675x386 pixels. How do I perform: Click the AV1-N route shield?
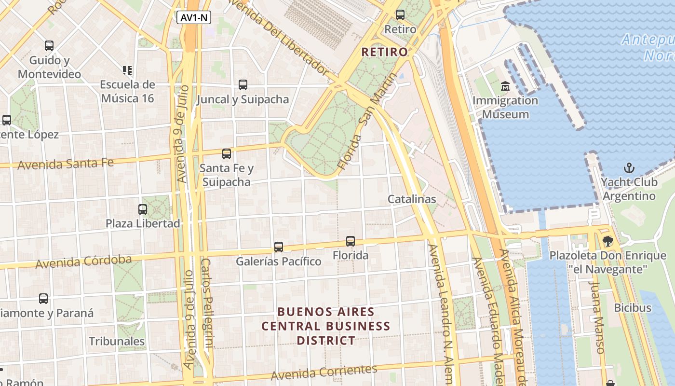tap(194, 18)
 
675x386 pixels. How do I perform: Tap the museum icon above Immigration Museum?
tap(505, 86)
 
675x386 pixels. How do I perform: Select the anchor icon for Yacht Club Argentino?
tap(629, 168)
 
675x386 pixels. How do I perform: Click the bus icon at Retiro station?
tap(400, 14)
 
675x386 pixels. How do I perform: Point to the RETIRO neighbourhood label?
tap(384, 52)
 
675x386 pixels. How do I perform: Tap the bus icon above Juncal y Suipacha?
tap(243, 85)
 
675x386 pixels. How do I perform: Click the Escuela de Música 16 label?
tap(127, 91)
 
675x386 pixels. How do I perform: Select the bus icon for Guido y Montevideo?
tap(49, 46)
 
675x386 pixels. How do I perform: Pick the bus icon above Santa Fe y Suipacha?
tap(227, 154)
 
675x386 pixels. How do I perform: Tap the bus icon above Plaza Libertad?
tap(143, 209)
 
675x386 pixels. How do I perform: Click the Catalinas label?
tap(412, 199)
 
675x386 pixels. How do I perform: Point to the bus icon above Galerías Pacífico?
tap(279, 247)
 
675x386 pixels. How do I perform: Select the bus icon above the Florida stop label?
tap(351, 241)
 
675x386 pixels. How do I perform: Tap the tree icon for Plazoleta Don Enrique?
tap(607, 241)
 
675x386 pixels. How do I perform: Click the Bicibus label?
tap(633, 307)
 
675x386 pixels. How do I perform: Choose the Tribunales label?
tap(117, 341)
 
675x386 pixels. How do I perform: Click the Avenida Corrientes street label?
tap(324, 372)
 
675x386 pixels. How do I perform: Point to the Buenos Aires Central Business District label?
tap(326, 326)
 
